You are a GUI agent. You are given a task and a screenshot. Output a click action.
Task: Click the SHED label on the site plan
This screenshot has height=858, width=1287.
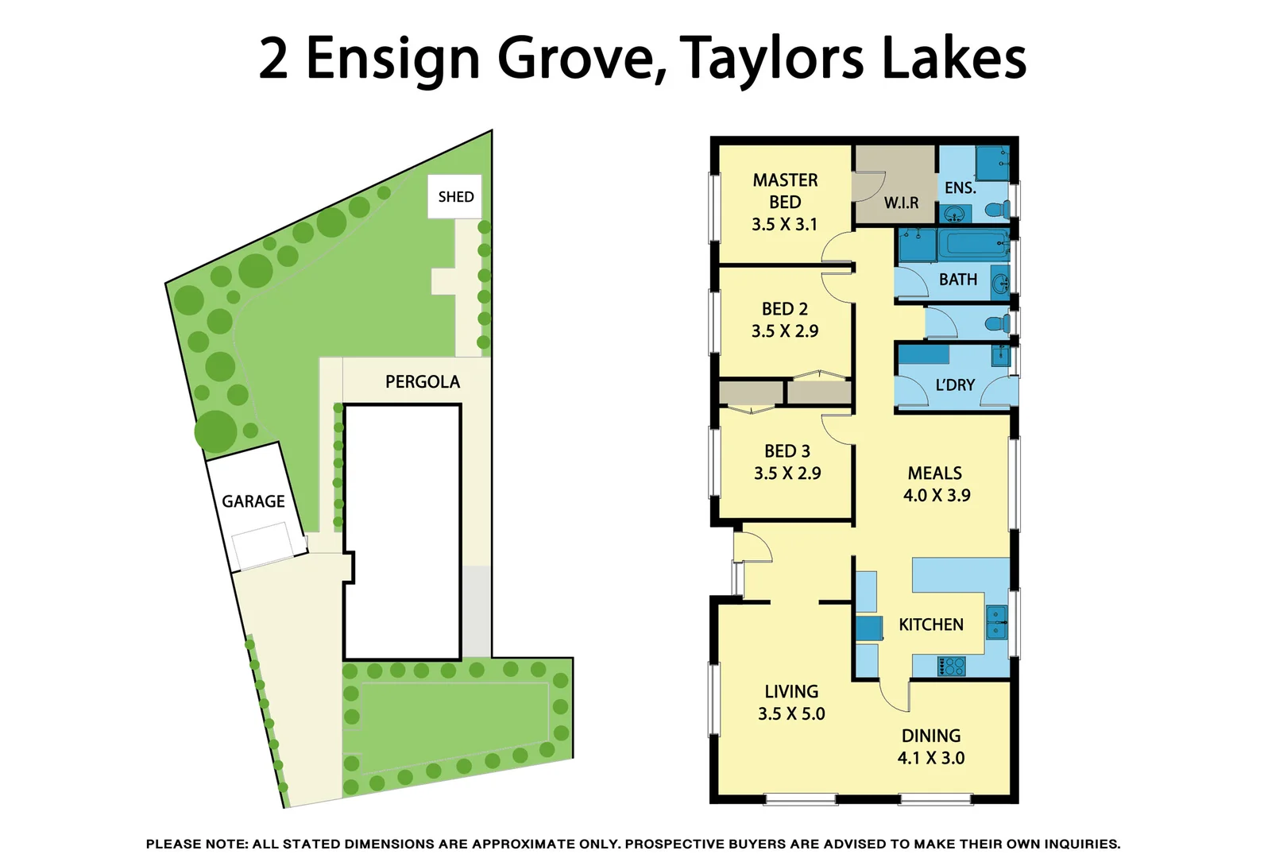click(456, 197)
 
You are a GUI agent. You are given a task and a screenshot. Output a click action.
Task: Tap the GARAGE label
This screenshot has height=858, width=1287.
click(253, 501)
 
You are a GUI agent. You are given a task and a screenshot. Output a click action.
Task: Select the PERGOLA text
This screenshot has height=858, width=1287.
click(423, 382)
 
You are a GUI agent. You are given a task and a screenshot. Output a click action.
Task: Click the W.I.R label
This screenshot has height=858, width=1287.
click(901, 203)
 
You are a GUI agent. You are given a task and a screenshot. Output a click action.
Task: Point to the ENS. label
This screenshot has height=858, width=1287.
click(960, 188)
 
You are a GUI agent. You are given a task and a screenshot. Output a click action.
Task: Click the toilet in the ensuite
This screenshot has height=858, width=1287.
click(997, 211)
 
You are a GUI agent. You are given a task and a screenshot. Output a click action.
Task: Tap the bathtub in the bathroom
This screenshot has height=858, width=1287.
click(973, 245)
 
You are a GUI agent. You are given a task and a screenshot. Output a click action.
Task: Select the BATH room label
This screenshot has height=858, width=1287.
click(958, 280)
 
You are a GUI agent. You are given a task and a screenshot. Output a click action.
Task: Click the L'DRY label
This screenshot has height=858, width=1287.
click(955, 385)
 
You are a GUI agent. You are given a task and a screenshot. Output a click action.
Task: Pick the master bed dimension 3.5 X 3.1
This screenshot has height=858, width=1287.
click(785, 225)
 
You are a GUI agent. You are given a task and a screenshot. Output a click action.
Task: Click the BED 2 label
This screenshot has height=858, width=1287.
click(785, 309)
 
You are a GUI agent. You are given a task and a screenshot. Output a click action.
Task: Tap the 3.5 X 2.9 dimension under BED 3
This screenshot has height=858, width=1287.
click(787, 473)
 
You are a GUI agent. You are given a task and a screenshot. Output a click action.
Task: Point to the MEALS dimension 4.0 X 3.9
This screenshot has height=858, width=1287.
click(937, 496)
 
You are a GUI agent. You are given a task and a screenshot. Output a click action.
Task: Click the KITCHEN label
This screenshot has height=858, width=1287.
click(931, 625)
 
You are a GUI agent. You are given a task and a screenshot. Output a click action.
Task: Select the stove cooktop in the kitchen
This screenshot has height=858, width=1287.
click(951, 666)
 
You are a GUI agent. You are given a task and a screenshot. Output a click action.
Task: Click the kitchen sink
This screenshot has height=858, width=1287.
click(996, 622)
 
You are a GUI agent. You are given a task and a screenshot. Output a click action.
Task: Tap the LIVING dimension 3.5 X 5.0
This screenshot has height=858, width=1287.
click(791, 714)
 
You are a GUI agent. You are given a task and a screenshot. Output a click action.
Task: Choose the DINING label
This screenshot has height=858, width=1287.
click(931, 736)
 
